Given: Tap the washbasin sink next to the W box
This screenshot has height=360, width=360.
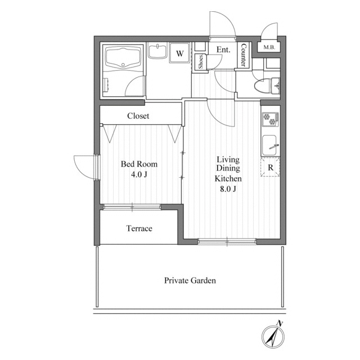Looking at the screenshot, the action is pyautogui.click(x=157, y=51).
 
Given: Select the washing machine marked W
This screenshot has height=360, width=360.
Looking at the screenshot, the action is pyautogui.click(x=180, y=53).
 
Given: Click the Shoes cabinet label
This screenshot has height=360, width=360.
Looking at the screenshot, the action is pyautogui.click(x=201, y=61).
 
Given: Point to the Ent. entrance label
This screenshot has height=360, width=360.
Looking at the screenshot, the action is pyautogui.click(x=223, y=49).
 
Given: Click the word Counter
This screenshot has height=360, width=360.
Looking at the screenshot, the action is pyautogui.click(x=243, y=55).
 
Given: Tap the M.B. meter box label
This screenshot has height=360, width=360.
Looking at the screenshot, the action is pyautogui.click(x=269, y=47).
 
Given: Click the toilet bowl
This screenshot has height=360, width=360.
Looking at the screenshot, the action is pyautogui.click(x=263, y=86).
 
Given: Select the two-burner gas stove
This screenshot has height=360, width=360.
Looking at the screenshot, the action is pyautogui.click(x=271, y=119).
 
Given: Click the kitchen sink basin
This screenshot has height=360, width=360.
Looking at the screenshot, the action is pyautogui.click(x=269, y=145).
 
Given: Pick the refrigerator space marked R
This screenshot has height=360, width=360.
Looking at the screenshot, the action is pyautogui.click(x=271, y=167).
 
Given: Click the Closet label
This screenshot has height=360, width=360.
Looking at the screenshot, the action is pyautogui.click(x=138, y=116).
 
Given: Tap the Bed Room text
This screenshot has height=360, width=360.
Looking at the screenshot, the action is pyautogui.click(x=139, y=164).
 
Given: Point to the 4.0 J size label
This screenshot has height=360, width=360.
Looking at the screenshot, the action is pyautogui.click(x=139, y=174).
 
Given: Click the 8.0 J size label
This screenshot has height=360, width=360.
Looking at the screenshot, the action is pyautogui.click(x=228, y=189).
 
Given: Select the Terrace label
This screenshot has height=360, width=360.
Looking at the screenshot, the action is pyautogui.click(x=139, y=228).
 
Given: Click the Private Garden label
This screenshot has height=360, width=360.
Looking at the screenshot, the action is pyautogui.click(x=190, y=280).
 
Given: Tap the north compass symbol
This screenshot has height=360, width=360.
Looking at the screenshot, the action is pyautogui.click(x=273, y=337).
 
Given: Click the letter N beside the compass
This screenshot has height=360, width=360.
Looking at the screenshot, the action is pyautogui.click(x=280, y=323).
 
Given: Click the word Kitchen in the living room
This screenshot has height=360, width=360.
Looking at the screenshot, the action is pyautogui.click(x=228, y=178).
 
